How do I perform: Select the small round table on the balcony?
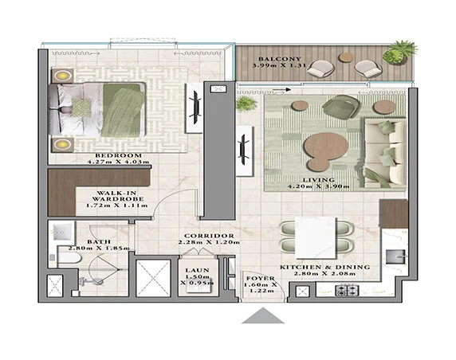tap(345, 57)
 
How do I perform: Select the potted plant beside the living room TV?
tap(246, 104)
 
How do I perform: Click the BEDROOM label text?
tap(118, 155)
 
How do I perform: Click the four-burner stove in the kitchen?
tap(348, 291)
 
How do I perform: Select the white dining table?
tap(315, 236)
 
